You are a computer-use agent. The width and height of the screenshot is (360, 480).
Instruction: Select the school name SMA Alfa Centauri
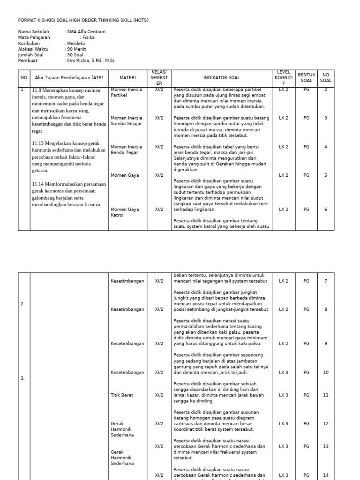(85, 32)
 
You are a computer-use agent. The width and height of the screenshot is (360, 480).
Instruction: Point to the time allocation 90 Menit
(76, 49)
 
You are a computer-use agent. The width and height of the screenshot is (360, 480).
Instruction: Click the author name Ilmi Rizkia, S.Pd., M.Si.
(91, 60)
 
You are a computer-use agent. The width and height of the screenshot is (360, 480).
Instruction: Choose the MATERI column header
(127, 77)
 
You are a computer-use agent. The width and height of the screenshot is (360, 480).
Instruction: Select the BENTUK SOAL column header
(306, 77)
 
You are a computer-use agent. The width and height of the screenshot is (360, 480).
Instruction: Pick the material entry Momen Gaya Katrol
(125, 212)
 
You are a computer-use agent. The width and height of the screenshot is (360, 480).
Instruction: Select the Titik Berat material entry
(122, 395)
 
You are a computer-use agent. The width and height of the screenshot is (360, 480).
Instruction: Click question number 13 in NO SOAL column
(325, 446)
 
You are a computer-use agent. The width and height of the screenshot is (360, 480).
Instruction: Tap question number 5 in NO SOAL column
(325, 175)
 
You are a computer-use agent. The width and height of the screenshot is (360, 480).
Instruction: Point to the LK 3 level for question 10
(284, 373)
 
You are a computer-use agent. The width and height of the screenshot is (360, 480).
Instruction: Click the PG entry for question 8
(306, 309)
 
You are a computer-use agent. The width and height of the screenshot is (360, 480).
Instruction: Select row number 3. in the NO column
(23, 378)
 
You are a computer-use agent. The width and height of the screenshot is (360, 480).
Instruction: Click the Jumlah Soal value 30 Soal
(75, 55)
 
